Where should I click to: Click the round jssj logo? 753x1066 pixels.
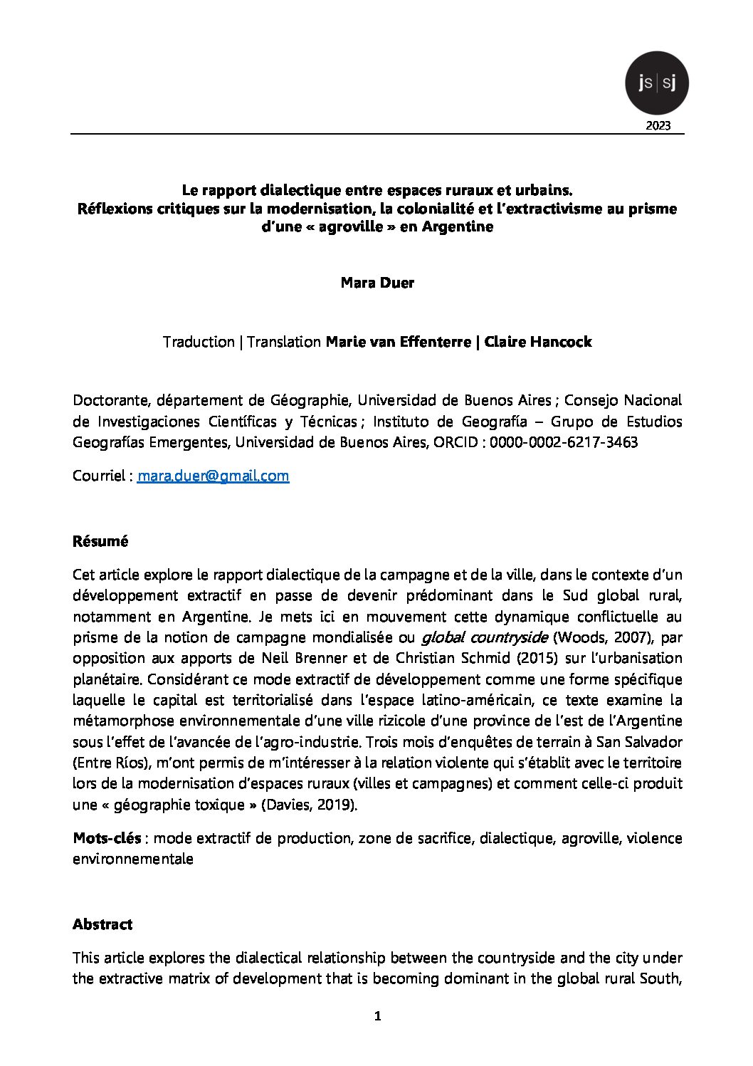(656, 83)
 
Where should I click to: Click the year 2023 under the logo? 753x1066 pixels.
(657, 126)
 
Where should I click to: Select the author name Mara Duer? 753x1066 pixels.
(377, 283)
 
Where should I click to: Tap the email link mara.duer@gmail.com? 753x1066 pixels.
(213, 476)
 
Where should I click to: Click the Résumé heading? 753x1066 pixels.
(100, 541)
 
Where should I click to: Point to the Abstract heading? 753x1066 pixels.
(102, 924)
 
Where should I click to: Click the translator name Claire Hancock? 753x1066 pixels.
(537, 342)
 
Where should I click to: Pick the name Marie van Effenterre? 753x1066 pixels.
(398, 342)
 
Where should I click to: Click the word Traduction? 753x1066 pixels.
(199, 342)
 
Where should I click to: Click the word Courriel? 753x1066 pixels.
(100, 476)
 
